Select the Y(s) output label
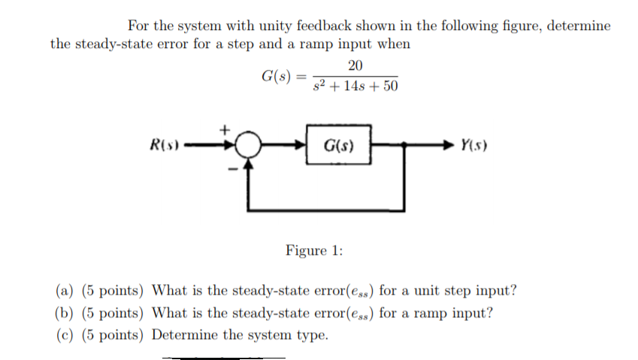[475, 145]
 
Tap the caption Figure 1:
[314, 250]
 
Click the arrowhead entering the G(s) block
[301, 145]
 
